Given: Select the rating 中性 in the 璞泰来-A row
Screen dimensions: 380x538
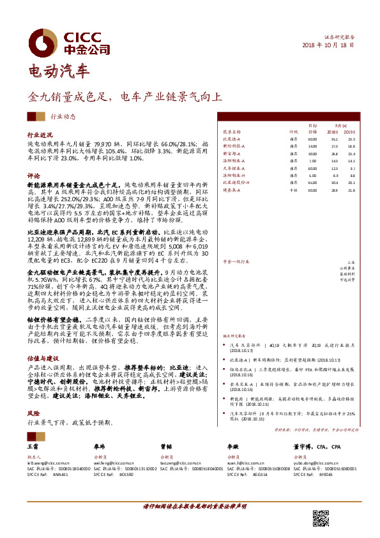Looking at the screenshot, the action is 294,190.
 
